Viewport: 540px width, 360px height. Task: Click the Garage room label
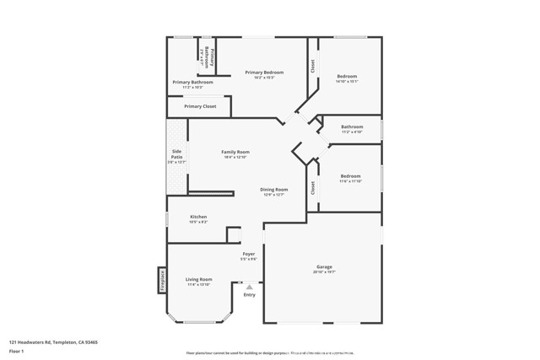click(x=325, y=267)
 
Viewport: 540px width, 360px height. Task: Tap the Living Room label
click(x=199, y=279)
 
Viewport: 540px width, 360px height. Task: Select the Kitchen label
click(x=198, y=217)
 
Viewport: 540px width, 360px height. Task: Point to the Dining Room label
click(x=274, y=190)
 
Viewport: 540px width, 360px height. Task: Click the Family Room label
click(x=235, y=152)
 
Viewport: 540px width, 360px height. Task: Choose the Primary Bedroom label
click(x=264, y=73)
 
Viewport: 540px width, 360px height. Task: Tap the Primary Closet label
click(x=200, y=106)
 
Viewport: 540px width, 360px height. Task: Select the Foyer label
click(x=249, y=254)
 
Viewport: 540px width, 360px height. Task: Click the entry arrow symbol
click(x=249, y=287)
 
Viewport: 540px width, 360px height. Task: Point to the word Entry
click(x=249, y=295)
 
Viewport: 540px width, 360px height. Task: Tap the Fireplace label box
click(x=162, y=280)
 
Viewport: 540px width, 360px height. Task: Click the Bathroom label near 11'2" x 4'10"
click(x=352, y=126)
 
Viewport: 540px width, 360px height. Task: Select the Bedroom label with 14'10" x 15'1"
click(x=348, y=76)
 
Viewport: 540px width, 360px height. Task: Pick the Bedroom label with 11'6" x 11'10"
click(x=351, y=176)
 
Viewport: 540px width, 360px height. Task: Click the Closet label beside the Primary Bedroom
click(x=312, y=67)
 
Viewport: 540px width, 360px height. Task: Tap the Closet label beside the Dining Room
click(x=313, y=189)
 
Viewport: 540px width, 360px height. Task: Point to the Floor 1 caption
click(x=17, y=352)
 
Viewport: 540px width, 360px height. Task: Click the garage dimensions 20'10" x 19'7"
click(x=325, y=272)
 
